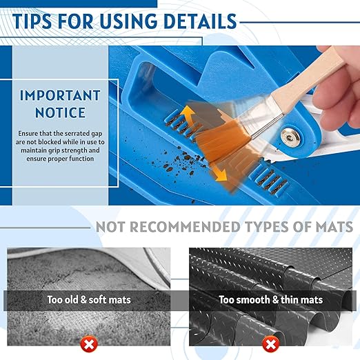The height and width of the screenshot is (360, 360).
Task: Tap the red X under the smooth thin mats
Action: [x=271, y=342]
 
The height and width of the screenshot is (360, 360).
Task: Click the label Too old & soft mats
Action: [x=88, y=300]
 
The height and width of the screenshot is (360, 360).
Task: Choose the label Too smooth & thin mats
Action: [x=271, y=300]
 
